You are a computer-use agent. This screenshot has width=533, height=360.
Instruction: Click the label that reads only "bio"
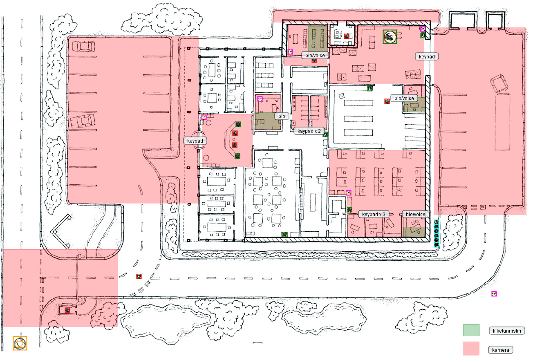282,116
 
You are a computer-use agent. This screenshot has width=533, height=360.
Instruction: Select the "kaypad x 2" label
309,131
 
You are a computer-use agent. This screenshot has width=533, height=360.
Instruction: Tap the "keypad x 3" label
373,214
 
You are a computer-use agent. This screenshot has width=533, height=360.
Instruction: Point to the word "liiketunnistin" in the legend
506,331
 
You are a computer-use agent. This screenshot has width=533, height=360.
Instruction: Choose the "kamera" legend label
500,350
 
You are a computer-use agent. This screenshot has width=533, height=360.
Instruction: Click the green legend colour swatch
471,330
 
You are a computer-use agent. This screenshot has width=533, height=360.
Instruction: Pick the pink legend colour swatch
470,348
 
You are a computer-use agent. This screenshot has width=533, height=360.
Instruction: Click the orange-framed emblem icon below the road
20,343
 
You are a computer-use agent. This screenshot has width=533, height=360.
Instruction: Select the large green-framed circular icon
390,37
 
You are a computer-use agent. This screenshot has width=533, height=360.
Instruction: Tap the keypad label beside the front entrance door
195,141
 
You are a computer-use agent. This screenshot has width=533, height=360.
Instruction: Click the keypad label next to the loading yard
427,57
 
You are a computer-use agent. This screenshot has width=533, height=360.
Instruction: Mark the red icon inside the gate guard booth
67,310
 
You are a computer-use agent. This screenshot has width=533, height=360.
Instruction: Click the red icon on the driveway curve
139,276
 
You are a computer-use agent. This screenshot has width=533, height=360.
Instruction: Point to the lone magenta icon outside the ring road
494,294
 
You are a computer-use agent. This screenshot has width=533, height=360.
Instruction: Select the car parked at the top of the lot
83,46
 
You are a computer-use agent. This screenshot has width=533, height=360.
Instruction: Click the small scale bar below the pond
258,342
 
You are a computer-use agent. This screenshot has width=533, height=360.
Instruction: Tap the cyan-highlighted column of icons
436,233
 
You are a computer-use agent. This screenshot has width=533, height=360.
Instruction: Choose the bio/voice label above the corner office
415,214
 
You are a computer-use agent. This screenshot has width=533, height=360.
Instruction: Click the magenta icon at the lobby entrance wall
204,117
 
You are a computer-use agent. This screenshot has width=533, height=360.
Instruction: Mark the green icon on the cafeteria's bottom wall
284,235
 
